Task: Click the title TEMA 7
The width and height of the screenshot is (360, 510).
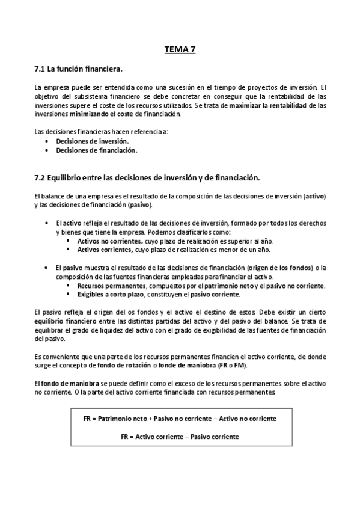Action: click(x=180, y=50)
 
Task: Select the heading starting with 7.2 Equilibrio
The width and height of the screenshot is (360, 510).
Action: click(x=147, y=177)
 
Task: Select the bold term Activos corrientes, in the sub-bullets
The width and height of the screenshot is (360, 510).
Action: click(x=103, y=249)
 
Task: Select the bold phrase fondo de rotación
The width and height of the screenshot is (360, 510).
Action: click(x=150, y=366)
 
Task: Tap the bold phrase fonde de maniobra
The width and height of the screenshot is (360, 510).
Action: click(x=206, y=366)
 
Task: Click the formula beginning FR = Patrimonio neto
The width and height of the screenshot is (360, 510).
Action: click(x=180, y=419)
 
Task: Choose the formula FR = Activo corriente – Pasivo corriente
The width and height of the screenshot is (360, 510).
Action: click(x=180, y=436)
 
